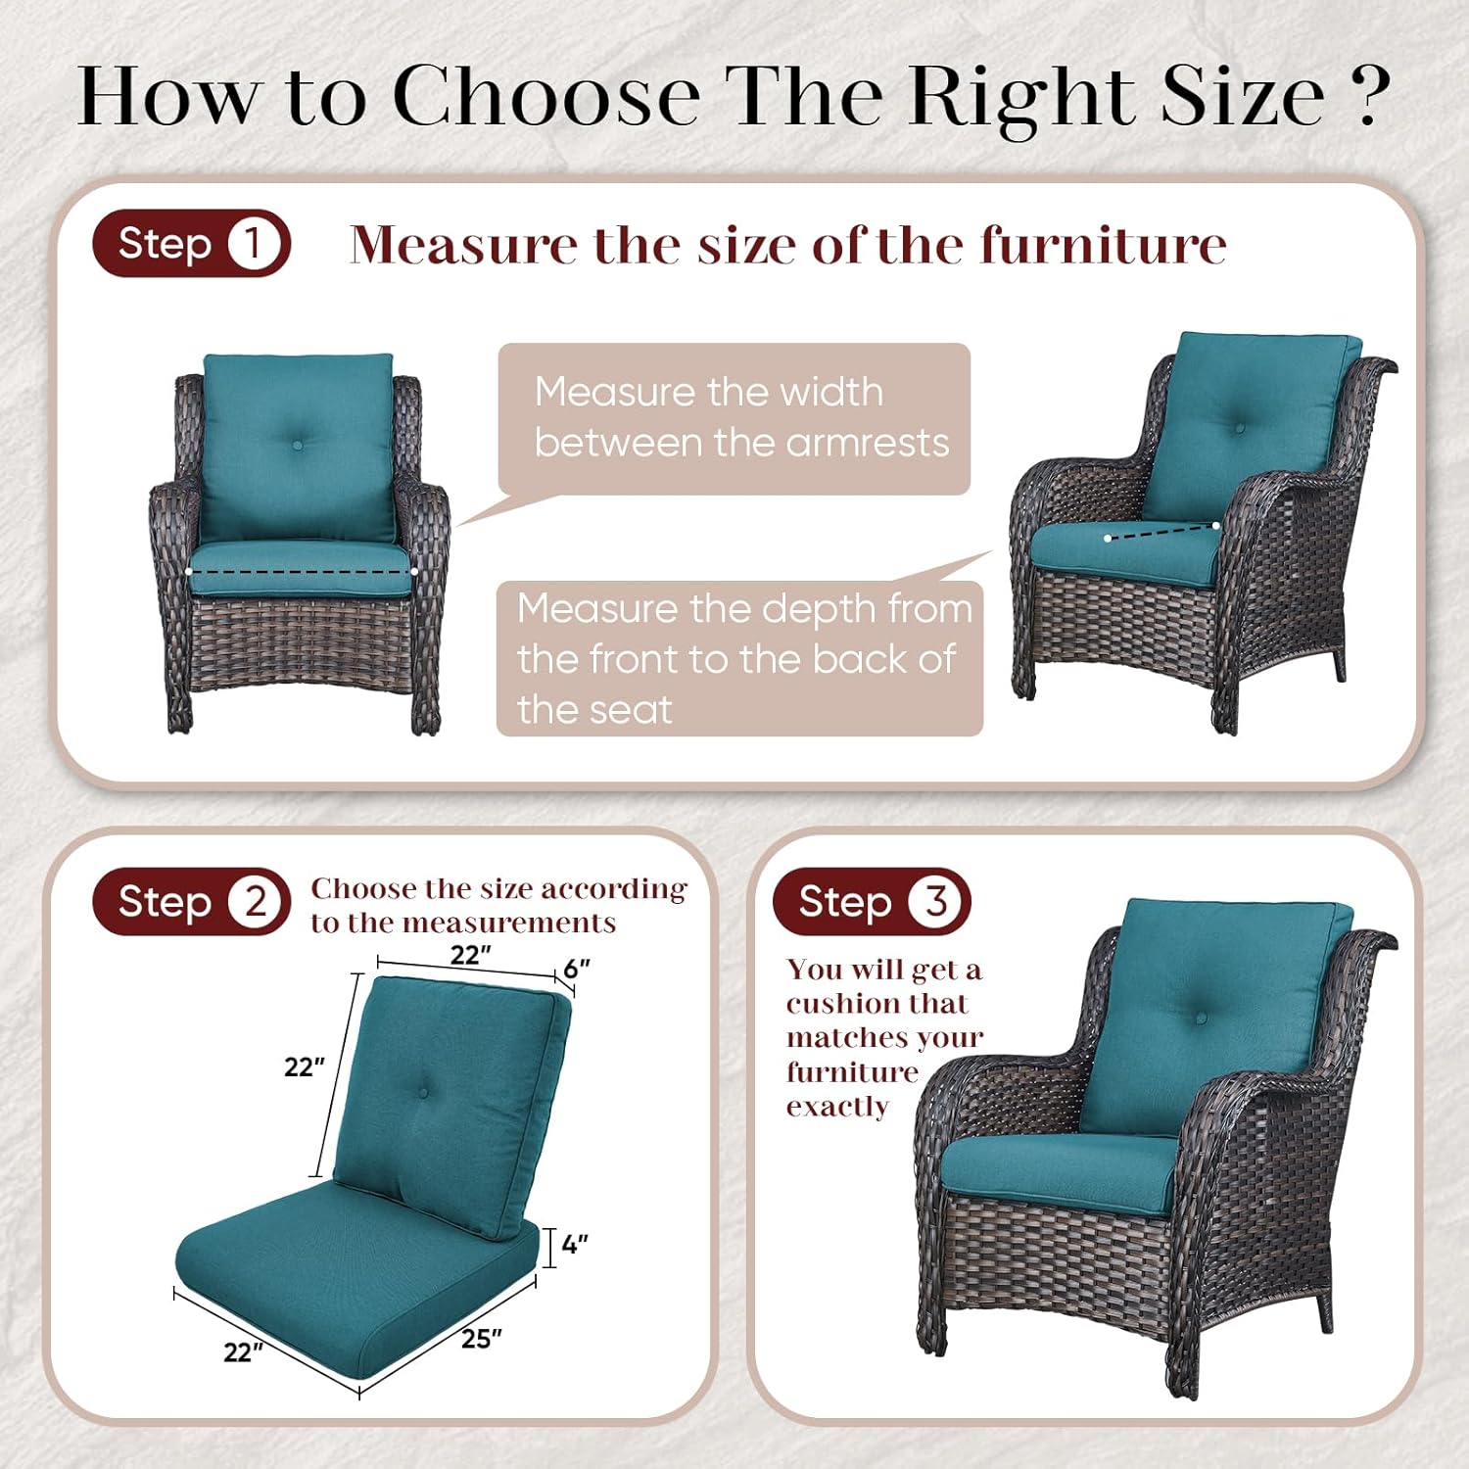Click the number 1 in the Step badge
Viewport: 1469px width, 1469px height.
pos(253,244)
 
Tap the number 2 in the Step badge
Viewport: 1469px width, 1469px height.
pos(256,901)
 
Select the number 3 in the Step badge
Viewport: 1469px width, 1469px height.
pos(936,901)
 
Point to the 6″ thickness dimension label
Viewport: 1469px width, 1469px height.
pos(577,969)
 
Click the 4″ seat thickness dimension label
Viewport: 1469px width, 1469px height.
pos(575,1245)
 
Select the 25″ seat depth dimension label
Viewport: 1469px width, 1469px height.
pos(482,1338)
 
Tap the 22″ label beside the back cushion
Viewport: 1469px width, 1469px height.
pos(305,1066)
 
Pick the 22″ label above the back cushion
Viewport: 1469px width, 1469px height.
pos(471,954)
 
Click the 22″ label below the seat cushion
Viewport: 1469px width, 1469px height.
pos(244,1352)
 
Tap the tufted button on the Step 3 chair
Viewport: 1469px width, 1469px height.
pos(1201,1019)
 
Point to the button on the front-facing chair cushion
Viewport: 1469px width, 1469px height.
pos(298,445)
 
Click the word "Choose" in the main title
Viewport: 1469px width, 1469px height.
pos(546,96)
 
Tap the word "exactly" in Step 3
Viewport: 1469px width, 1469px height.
pos(837,1107)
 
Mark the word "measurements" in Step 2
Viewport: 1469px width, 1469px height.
pos(509,923)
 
